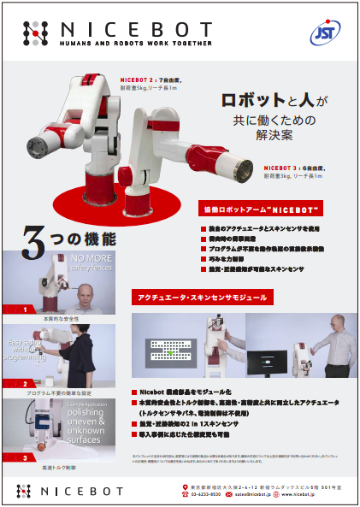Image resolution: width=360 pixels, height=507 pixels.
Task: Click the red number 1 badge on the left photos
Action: [27, 309]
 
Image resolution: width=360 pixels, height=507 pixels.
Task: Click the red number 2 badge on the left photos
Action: [27, 384]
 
